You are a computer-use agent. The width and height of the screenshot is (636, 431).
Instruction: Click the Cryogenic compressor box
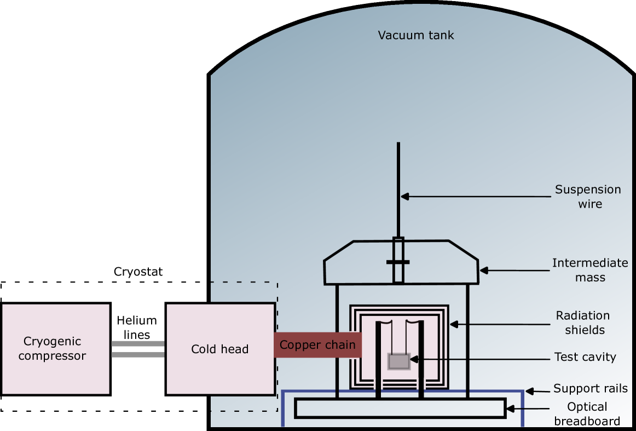pos(55,349)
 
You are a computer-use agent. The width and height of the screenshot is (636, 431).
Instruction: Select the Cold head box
pos(220,348)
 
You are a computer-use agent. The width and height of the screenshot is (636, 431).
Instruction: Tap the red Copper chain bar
pos(317,345)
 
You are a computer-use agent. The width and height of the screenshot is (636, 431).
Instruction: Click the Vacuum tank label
pos(416,36)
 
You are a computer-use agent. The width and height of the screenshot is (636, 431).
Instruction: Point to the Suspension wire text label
pos(588,197)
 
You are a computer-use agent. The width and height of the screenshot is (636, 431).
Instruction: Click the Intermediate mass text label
pos(590,270)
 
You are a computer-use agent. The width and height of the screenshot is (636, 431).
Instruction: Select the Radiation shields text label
pos(583,323)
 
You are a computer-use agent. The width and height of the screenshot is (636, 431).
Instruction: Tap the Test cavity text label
pos(585,358)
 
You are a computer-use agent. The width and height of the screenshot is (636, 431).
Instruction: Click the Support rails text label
pos(591,389)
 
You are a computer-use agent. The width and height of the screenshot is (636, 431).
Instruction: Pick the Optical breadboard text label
pos(587,413)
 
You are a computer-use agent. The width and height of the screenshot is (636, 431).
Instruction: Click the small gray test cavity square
pos(399,361)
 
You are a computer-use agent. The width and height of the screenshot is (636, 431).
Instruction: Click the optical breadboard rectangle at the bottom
pos(400,409)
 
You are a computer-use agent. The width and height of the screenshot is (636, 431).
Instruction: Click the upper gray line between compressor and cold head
pos(138,343)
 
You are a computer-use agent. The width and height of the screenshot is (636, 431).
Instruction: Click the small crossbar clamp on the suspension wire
pos(398,262)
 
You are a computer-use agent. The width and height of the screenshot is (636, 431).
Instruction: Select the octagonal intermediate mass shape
pos(361,263)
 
